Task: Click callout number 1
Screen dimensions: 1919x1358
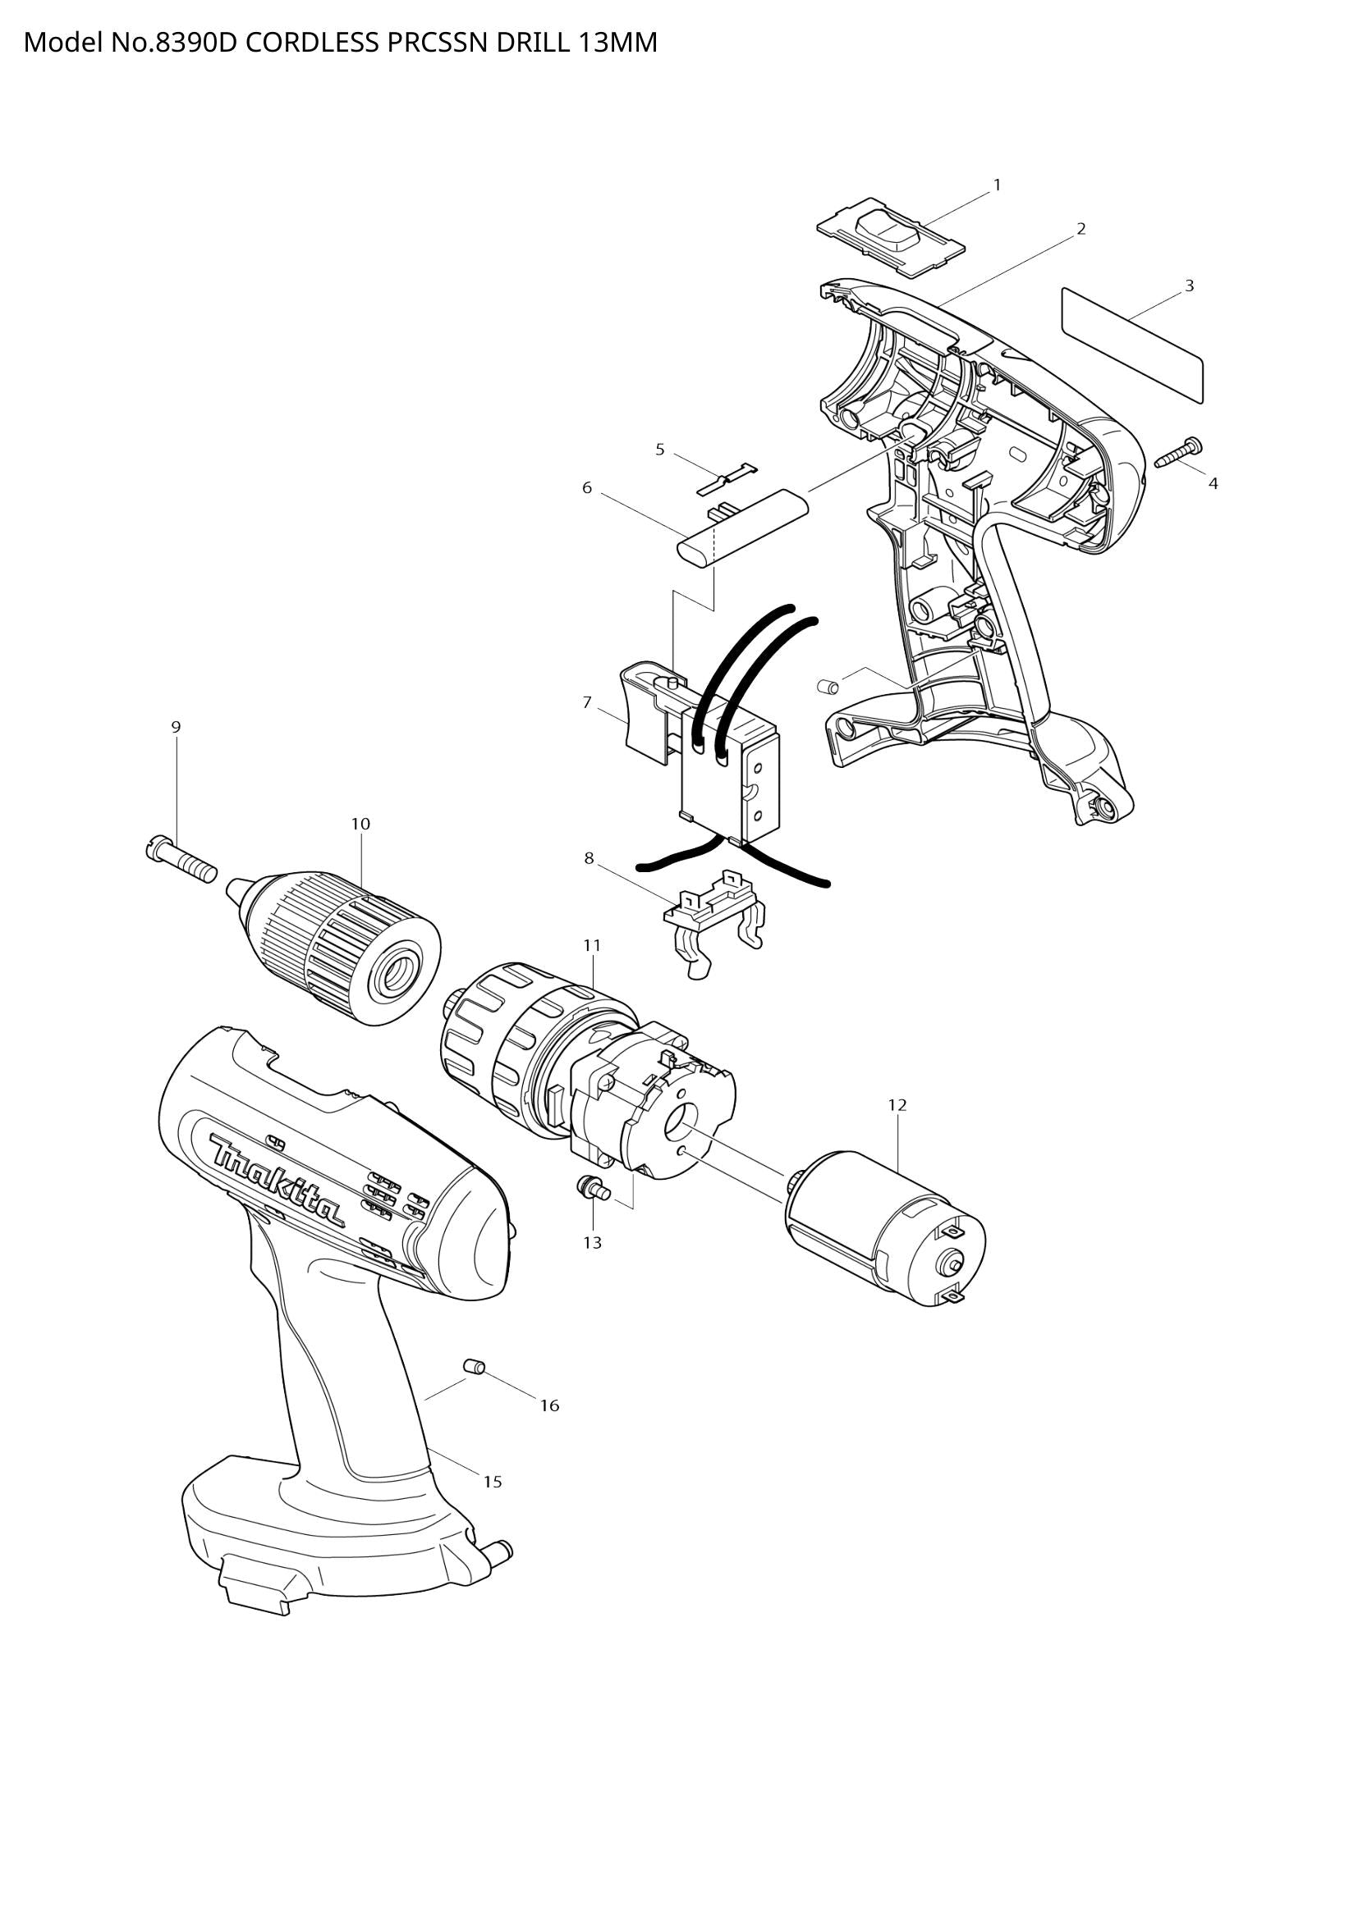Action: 997,185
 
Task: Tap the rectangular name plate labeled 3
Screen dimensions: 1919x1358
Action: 1131,345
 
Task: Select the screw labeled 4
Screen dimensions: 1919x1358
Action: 1177,452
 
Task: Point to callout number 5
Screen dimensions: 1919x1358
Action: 660,450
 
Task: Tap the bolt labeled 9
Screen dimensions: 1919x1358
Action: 180,861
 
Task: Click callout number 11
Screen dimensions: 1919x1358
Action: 592,945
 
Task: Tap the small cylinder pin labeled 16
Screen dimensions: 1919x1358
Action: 475,1368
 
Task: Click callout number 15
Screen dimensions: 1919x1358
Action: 493,1482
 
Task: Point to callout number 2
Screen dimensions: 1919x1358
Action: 1080,229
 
